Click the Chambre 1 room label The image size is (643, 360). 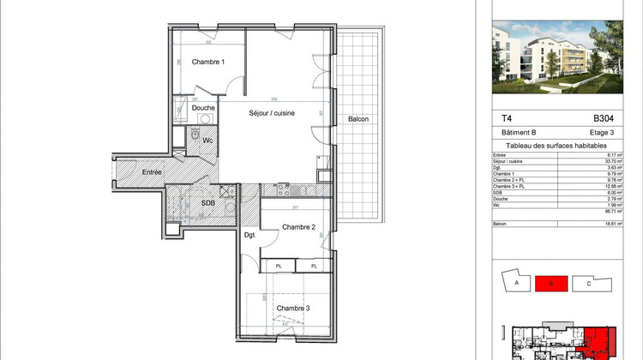coord(207,62)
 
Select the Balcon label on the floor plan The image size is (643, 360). coord(358,119)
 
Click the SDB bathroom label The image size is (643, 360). coord(207,203)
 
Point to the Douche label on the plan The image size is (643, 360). coord(203,108)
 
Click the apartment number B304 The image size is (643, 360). coord(604,119)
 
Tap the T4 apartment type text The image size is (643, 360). coord(507,119)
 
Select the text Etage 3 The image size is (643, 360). coord(601,133)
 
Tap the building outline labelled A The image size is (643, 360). coord(514,284)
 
